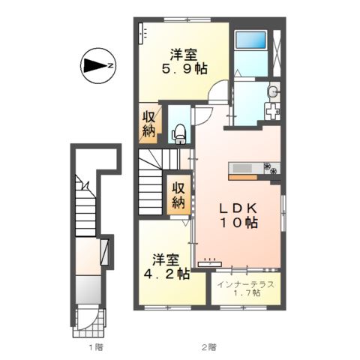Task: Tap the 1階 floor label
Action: pos(93,347)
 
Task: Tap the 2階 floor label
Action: pos(208,347)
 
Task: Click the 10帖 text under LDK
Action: pos(238,223)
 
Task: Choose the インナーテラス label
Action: pos(245,284)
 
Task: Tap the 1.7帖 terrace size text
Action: pos(246,294)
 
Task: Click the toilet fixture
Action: pos(180,133)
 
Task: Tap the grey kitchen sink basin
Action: pos(247,166)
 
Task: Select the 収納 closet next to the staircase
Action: pos(178,195)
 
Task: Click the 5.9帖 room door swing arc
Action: pos(219,92)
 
